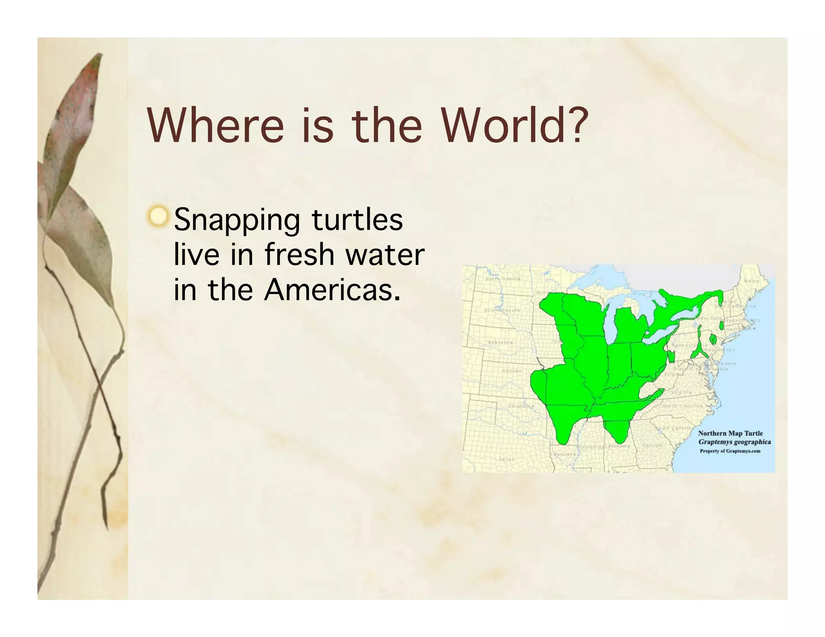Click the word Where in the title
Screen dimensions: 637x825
(216, 125)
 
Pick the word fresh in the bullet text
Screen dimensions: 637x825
(299, 254)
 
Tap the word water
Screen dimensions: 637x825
(386, 254)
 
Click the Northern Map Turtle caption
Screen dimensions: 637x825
(730, 433)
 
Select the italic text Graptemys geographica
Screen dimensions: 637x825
(734, 442)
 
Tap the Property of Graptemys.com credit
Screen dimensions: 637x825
(730, 451)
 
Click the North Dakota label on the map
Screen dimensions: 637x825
(503, 279)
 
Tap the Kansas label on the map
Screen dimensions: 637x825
(512, 370)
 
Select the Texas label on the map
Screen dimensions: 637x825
(507, 459)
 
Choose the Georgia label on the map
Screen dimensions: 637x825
(653, 445)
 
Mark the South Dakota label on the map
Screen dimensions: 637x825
(502, 310)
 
